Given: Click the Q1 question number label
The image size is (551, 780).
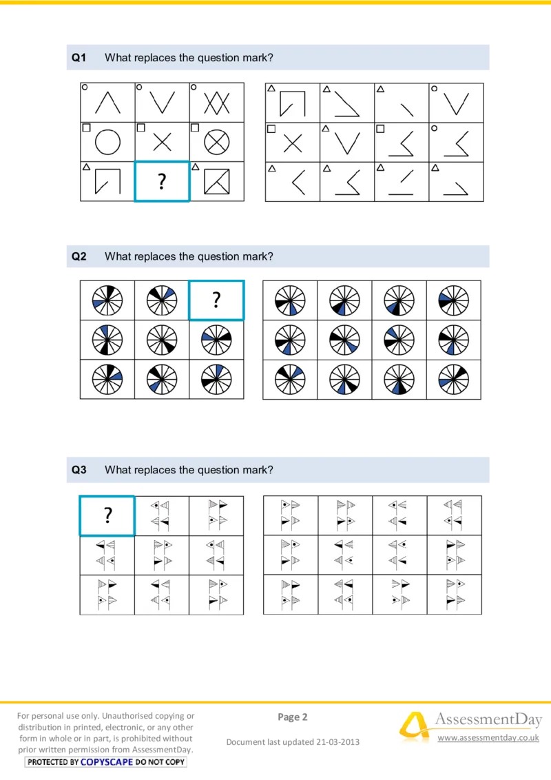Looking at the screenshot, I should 79,59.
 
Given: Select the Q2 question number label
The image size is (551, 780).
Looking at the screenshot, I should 79,256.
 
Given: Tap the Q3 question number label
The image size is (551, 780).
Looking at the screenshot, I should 79,470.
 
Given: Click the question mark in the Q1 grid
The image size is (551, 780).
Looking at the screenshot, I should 162,182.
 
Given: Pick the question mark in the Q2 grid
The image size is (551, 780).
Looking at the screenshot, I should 216,300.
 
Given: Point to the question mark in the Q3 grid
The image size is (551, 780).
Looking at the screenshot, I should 107,515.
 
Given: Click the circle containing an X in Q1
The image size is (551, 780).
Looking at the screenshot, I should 217,143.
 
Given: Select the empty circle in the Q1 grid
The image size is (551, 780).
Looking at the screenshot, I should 107,143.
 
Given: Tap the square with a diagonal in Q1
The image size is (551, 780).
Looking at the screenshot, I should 217,181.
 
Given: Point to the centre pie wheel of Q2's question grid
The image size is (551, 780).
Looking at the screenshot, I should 162,340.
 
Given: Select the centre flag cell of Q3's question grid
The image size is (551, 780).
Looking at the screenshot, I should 162,555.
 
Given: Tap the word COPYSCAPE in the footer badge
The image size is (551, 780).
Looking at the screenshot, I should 107,762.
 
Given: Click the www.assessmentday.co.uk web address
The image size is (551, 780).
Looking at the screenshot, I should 488,738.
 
